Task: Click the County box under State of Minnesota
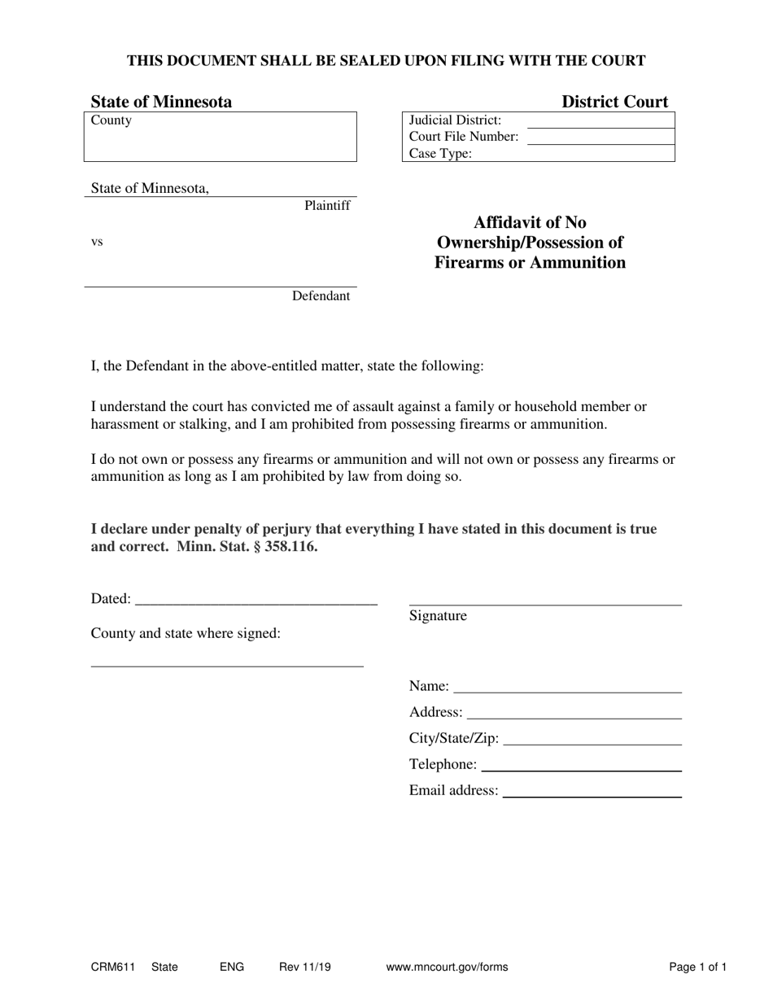tap(220, 137)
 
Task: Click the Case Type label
tap(440, 154)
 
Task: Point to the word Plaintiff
tap(327, 206)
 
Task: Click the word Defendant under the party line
tap(321, 296)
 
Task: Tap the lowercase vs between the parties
tap(97, 242)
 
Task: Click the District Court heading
tap(614, 102)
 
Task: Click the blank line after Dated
tap(255, 602)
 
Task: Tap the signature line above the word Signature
tap(545, 603)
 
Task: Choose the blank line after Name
tap(567, 690)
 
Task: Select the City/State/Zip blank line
tap(592, 742)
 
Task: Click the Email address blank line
tap(592, 794)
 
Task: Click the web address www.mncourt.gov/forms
tap(447, 968)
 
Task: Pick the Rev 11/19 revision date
tap(305, 968)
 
